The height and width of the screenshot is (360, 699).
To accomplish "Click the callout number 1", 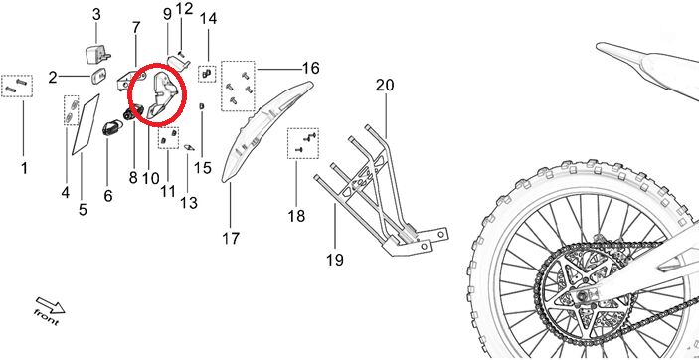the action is [24, 169].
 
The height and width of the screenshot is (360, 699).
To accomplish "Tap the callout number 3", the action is [96, 14].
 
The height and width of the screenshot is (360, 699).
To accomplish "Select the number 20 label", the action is [385, 85].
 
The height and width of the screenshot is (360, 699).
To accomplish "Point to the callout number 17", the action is [231, 239].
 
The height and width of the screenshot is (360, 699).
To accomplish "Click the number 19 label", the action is [335, 260].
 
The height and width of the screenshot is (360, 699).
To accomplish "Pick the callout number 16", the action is [310, 68].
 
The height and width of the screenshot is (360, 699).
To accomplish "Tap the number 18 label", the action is [296, 217].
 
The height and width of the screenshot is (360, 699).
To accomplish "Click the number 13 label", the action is [189, 203].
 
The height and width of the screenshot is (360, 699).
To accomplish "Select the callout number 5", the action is [83, 209].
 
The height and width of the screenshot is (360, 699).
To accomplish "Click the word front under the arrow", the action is [46, 316].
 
